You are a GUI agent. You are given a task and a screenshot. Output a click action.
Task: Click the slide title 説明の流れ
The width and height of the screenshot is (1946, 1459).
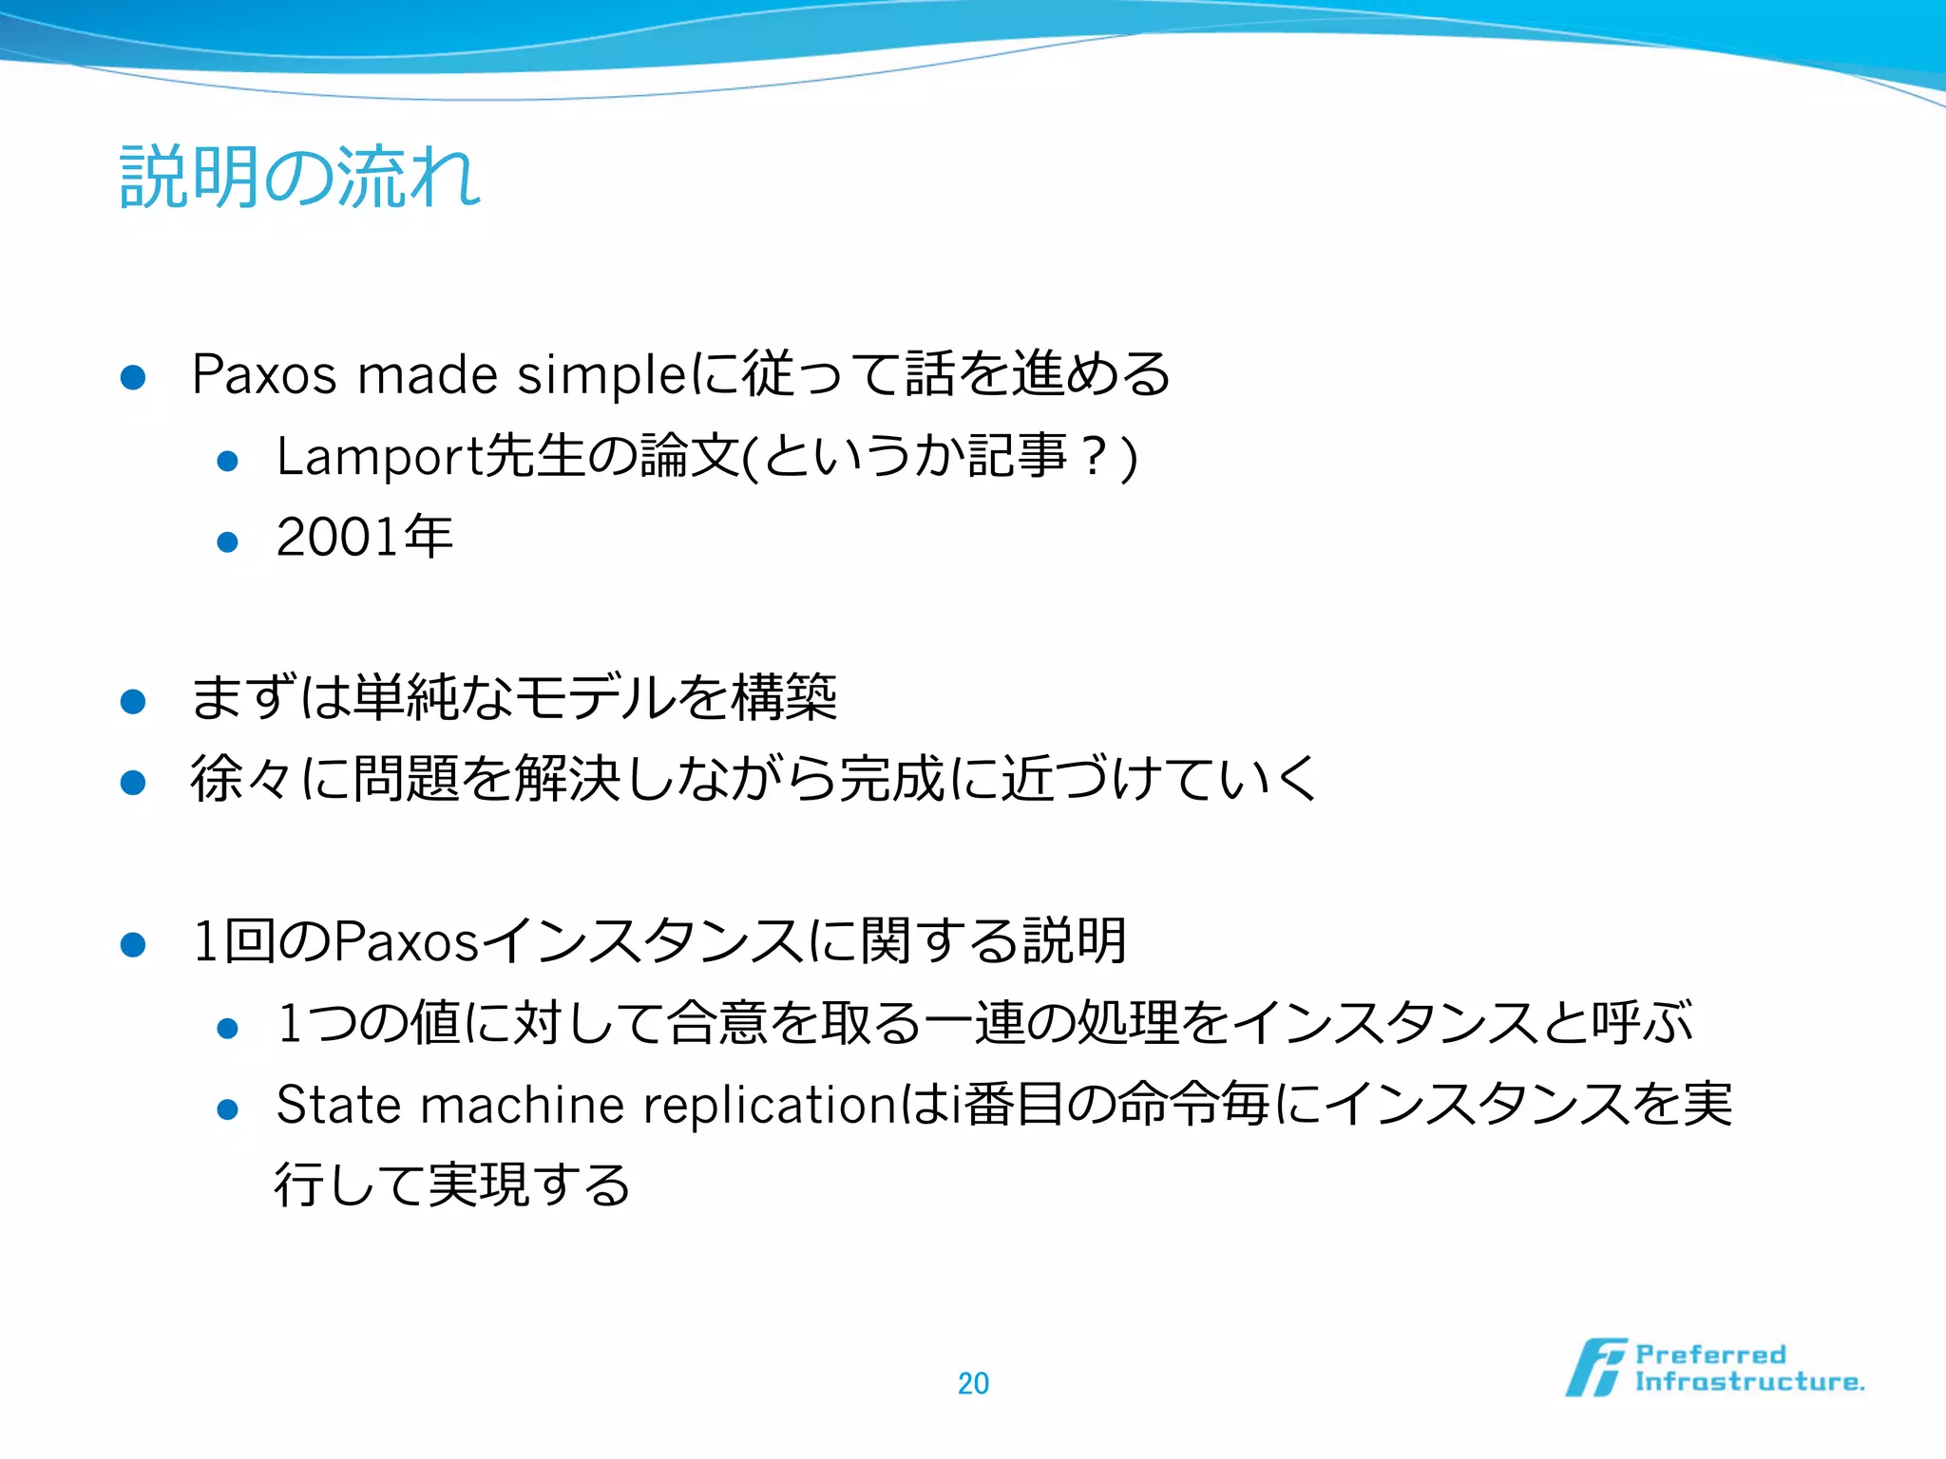300,178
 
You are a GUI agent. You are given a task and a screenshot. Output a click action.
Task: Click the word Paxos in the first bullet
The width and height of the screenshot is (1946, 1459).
264,374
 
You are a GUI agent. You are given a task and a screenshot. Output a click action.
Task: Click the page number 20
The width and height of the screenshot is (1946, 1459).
973,1383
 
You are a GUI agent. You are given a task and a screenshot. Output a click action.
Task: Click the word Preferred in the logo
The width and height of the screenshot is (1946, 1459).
1710,1355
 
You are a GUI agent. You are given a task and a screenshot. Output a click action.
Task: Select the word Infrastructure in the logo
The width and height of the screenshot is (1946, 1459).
1748,1382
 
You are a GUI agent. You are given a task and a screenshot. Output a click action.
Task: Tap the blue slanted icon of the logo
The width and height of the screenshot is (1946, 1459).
1595,1368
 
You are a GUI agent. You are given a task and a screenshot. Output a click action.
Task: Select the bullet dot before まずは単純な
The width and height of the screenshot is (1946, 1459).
133,702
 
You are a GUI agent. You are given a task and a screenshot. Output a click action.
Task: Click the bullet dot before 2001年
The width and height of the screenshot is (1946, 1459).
227,542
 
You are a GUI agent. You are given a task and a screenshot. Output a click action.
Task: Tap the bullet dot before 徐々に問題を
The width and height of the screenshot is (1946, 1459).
133,783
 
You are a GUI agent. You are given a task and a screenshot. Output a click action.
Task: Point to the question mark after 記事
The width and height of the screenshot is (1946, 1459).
1095,457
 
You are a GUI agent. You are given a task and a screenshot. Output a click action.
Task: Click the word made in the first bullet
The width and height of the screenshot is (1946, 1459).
427,374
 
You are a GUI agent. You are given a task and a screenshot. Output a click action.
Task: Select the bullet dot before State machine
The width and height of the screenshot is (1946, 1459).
227,1109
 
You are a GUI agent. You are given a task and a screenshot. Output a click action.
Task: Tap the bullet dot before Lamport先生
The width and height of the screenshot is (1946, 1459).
227,462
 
